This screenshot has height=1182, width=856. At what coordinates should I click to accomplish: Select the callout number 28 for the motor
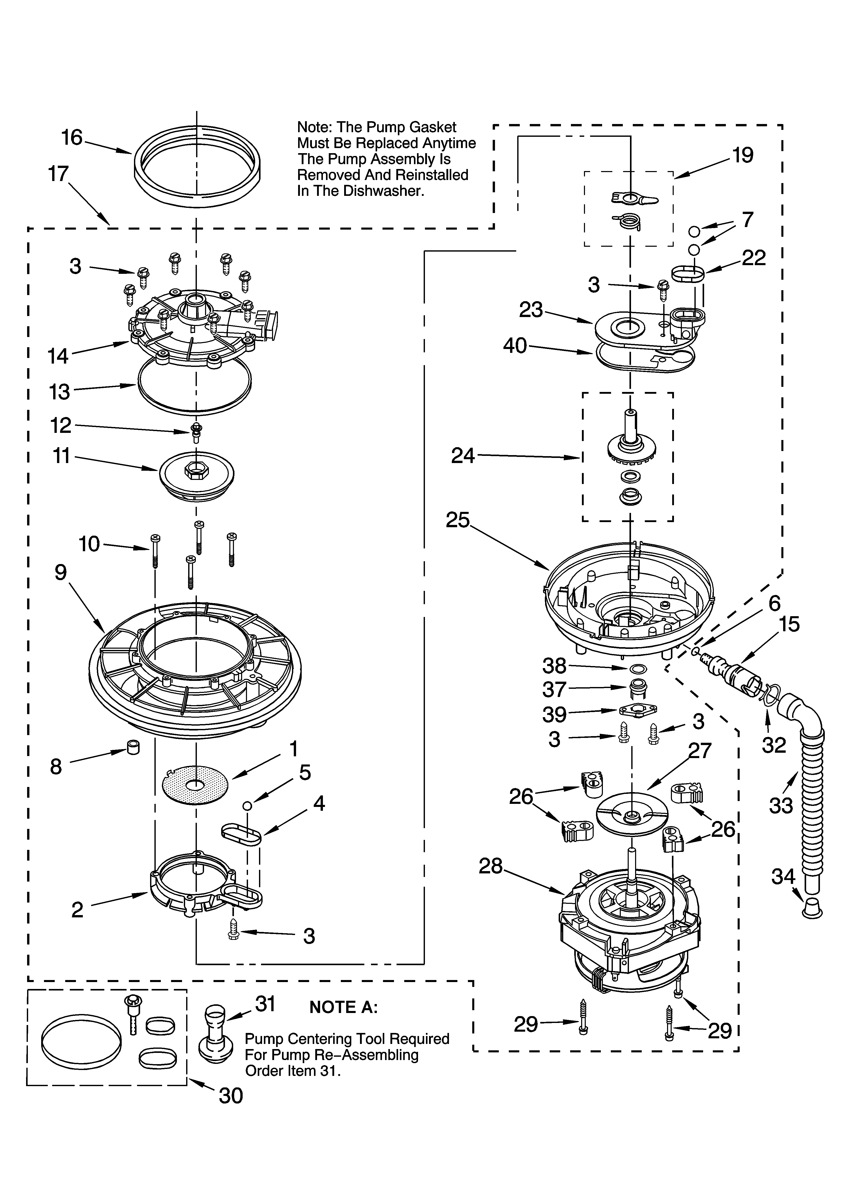[x=491, y=866]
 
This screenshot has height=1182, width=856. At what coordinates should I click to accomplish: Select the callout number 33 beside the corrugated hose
[x=781, y=806]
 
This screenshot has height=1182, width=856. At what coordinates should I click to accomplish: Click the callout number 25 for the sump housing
[x=458, y=520]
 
